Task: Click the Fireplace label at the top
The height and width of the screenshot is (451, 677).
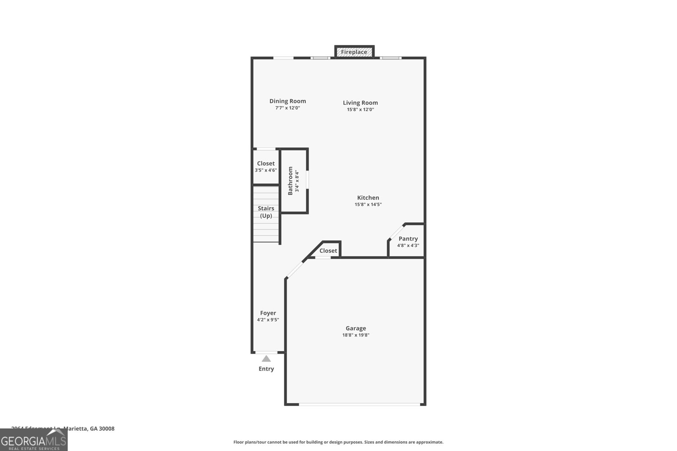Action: tap(354, 52)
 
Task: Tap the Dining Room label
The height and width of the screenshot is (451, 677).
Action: tap(288, 101)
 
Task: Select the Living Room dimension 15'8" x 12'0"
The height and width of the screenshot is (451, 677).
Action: tap(361, 109)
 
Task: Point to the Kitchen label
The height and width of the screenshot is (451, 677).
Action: tap(368, 197)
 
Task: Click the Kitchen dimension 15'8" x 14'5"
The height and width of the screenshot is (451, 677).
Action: tap(368, 205)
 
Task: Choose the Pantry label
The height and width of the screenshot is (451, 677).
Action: tap(408, 238)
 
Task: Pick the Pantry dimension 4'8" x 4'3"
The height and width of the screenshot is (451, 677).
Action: tap(408, 246)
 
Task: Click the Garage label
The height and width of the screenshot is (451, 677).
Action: tap(356, 328)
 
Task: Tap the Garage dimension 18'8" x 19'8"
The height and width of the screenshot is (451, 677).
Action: tap(356, 335)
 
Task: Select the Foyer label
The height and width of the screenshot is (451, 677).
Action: tap(268, 313)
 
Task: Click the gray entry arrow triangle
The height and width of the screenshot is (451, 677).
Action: tap(266, 359)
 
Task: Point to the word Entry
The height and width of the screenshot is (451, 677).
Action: tap(266, 369)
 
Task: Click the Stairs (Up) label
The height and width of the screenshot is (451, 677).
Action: tap(266, 212)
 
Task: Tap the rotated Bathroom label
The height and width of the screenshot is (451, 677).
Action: tap(290, 181)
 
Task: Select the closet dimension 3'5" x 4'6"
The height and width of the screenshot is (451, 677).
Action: tap(266, 170)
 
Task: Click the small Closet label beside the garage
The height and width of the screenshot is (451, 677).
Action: tap(328, 251)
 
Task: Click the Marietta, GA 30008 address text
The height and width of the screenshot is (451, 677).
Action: tap(89, 429)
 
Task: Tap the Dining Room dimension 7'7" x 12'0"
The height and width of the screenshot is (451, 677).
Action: tap(288, 108)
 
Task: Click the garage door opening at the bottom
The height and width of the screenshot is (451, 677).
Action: tap(360, 405)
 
